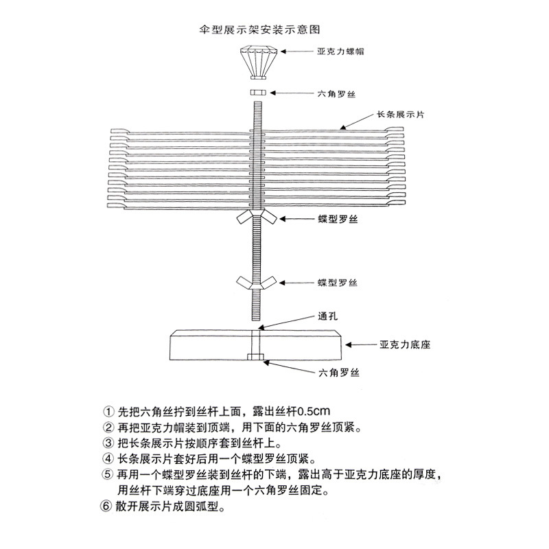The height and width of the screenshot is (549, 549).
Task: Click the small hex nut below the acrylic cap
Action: coord(258,92)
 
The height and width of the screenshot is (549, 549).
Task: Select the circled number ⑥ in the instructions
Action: coord(105,509)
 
